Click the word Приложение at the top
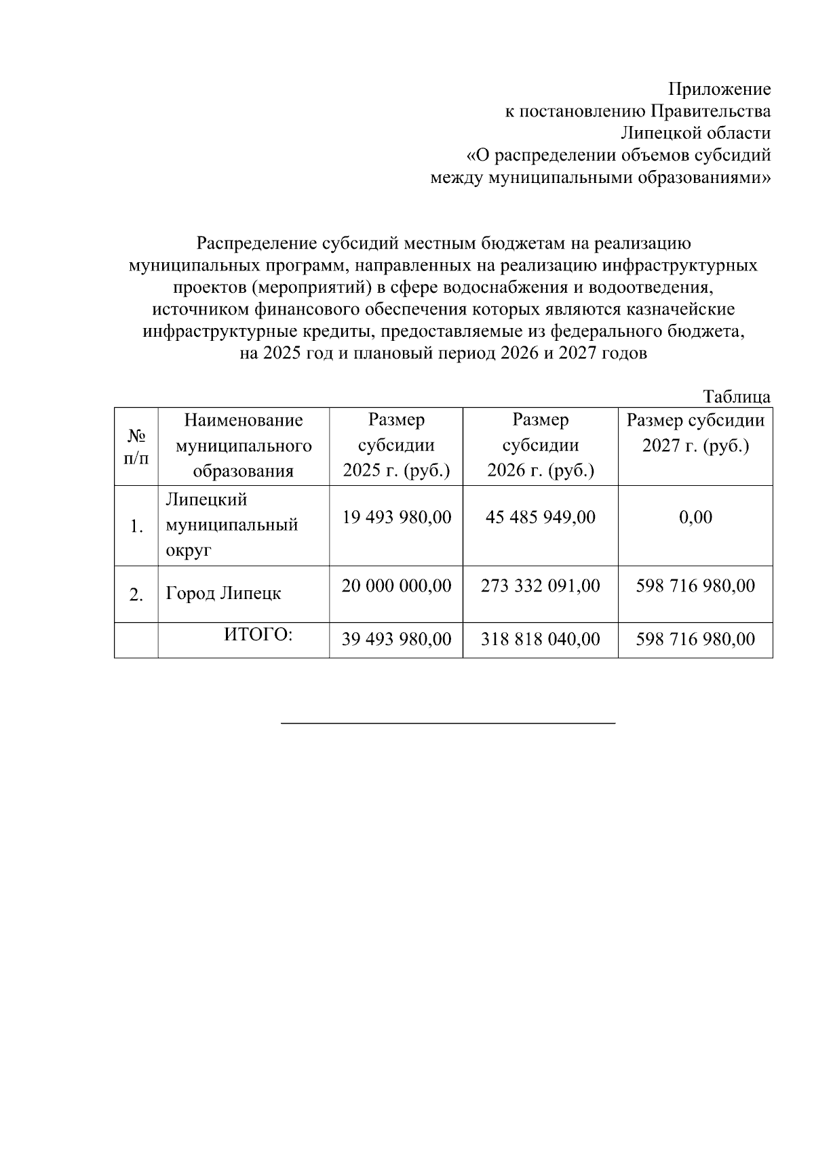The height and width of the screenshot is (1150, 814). (x=720, y=89)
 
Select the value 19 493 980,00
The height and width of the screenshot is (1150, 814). (x=396, y=518)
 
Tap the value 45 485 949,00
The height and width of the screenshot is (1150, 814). (x=540, y=518)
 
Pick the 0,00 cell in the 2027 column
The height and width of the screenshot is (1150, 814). (x=695, y=518)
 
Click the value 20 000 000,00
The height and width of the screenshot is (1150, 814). (x=396, y=586)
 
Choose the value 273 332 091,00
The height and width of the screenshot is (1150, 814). (x=540, y=586)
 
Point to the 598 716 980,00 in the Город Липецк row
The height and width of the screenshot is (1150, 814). (x=695, y=586)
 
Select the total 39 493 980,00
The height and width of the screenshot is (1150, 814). (x=396, y=639)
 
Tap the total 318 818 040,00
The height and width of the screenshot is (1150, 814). (x=540, y=639)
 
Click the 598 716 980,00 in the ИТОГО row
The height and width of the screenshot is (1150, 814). (x=695, y=639)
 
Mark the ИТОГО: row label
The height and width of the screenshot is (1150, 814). (x=258, y=635)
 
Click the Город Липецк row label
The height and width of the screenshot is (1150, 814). (x=223, y=594)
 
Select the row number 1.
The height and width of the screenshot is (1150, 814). (x=136, y=527)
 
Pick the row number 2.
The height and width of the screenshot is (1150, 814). (x=136, y=595)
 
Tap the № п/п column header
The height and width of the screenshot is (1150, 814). (x=136, y=446)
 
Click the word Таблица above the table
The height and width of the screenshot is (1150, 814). (x=737, y=397)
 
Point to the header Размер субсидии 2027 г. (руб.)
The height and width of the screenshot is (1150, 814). (x=695, y=434)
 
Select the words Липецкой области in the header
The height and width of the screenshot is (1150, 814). (x=696, y=134)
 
